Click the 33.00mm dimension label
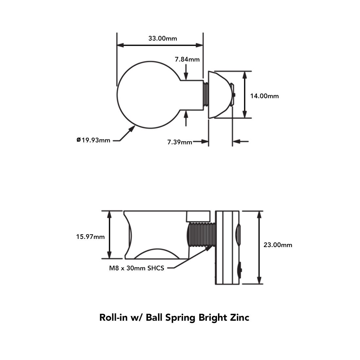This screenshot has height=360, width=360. pyautogui.click(x=163, y=38)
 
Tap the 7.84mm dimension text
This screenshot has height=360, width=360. pyautogui.click(x=187, y=60)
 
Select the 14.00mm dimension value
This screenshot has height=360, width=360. pyautogui.click(x=264, y=96)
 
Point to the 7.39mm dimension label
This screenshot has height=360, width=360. pyautogui.click(x=180, y=142)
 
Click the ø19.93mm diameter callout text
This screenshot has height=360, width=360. pyautogui.click(x=94, y=140)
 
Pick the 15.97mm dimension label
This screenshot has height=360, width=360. pyautogui.click(x=90, y=237)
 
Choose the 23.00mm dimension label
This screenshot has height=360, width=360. pyautogui.click(x=278, y=245)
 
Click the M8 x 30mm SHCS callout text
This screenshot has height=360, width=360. pyautogui.click(x=136, y=268)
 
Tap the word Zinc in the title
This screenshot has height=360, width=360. pyautogui.click(x=240, y=317)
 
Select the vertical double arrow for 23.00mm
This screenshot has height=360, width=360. pyautogui.click(x=259, y=247)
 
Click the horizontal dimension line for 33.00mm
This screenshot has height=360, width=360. pyautogui.click(x=160, y=45)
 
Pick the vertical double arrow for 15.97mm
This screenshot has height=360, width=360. pyautogui.click(x=109, y=235)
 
